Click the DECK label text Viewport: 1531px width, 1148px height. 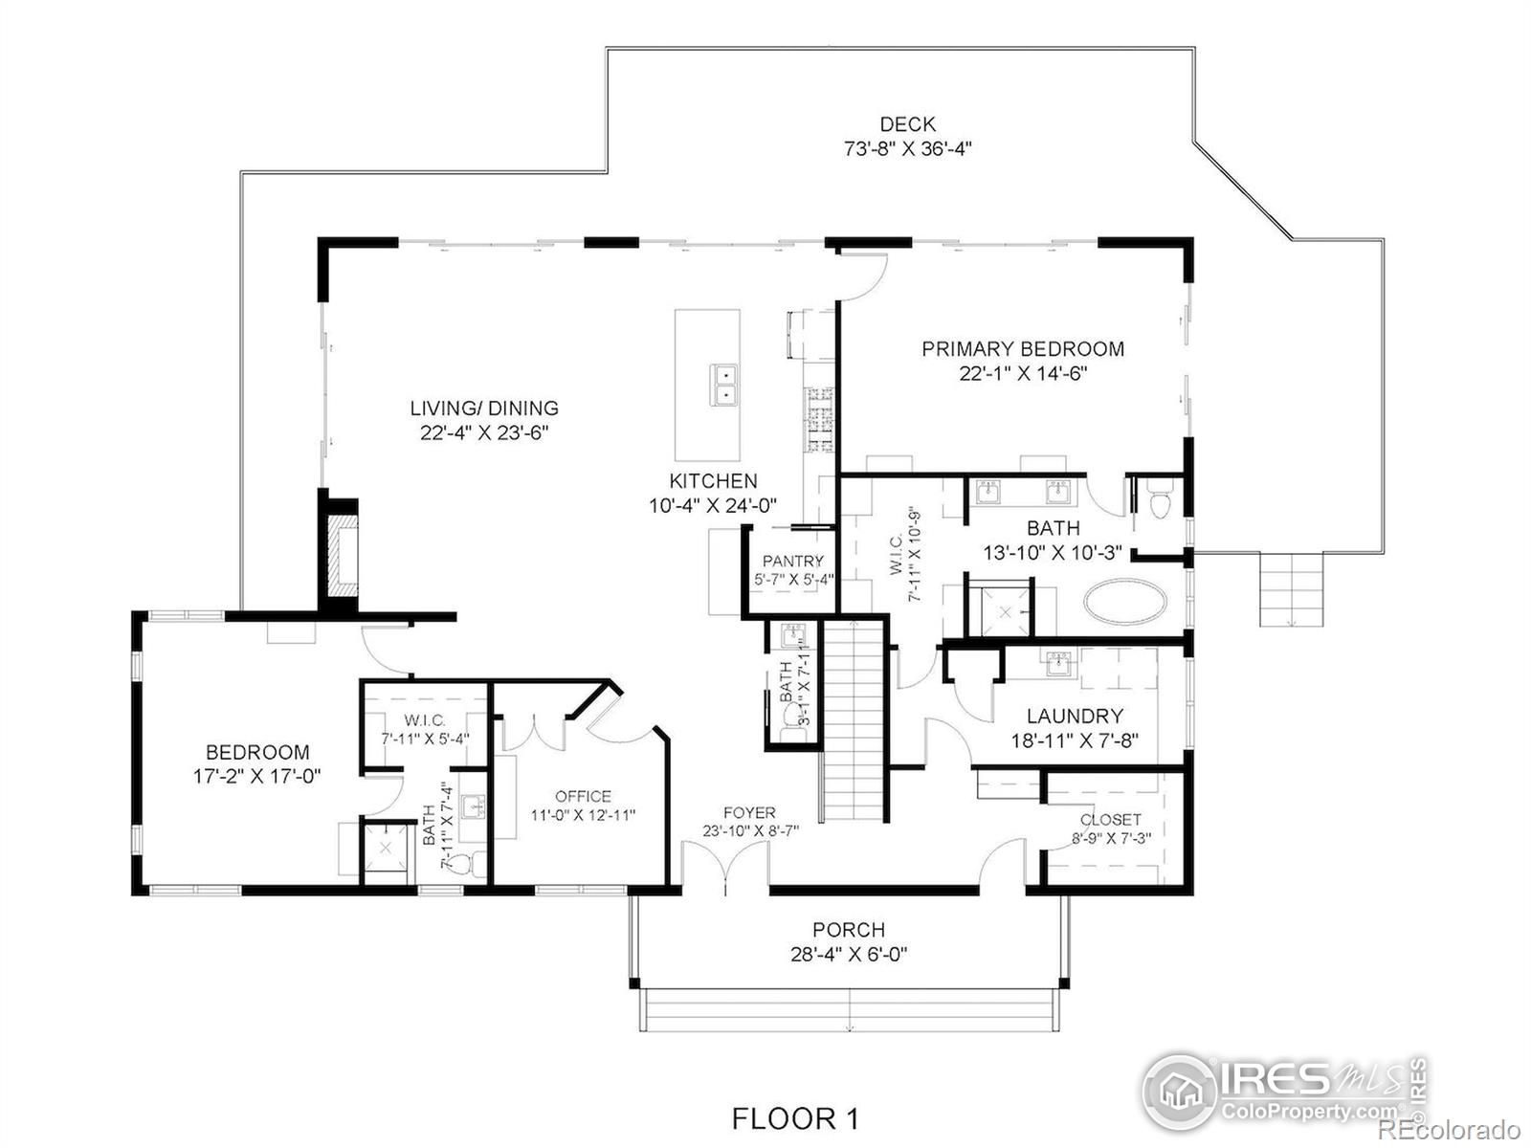click(907, 124)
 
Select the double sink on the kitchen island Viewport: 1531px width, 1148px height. click(724, 385)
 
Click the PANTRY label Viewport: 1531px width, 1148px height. click(793, 562)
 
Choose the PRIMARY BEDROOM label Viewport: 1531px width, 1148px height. click(1023, 348)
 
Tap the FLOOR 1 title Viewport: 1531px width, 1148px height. click(795, 1118)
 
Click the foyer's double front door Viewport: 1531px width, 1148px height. click(725, 867)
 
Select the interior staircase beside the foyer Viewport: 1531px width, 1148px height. click(854, 720)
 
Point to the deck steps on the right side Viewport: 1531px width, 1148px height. click(1291, 589)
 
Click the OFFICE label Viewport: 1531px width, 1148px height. click(583, 796)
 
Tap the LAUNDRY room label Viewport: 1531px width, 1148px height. click(1075, 716)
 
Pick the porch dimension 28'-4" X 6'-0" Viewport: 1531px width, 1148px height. click(849, 954)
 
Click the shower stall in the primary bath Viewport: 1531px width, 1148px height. click(1005, 612)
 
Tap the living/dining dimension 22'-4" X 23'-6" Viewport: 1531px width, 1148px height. click(484, 432)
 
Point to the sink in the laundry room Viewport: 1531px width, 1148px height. click(1059, 664)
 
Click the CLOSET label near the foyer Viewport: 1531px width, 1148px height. click(1110, 820)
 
